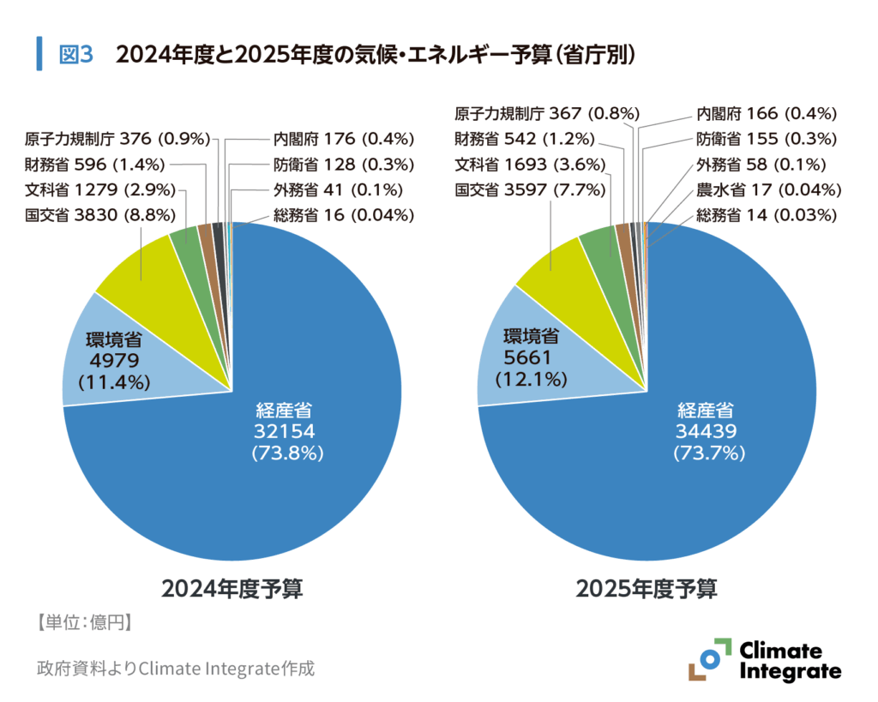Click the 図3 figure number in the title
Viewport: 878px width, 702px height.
(75, 55)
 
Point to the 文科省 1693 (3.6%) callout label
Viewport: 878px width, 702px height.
(531, 164)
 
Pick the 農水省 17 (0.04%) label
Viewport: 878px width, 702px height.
(767, 189)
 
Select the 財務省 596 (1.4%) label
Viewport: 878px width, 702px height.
(99, 164)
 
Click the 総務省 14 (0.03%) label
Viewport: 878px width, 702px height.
(767, 215)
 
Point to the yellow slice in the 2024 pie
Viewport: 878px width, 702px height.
(137, 270)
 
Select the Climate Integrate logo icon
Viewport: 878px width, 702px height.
(710, 660)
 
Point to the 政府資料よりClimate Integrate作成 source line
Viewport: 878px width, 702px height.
(176, 668)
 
